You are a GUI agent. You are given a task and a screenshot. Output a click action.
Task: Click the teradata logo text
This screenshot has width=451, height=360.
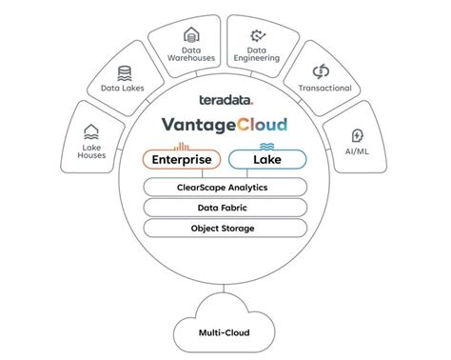[x=225, y=100]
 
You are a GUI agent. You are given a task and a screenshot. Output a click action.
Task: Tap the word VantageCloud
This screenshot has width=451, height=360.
[x=225, y=124]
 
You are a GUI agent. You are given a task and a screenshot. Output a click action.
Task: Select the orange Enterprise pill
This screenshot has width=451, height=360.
[x=182, y=159]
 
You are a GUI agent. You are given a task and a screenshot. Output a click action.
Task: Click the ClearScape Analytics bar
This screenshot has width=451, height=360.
[x=225, y=188]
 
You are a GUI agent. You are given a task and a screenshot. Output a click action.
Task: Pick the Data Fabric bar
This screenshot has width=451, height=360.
[x=225, y=208]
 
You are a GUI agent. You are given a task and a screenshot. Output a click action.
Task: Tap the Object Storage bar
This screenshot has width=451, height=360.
[x=225, y=229]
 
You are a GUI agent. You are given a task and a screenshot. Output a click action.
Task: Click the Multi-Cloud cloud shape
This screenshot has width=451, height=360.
[x=225, y=330]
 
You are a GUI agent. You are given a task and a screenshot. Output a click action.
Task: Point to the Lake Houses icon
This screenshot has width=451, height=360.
[x=92, y=131]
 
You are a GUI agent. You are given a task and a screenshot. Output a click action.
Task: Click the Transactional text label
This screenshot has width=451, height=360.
[x=324, y=89]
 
